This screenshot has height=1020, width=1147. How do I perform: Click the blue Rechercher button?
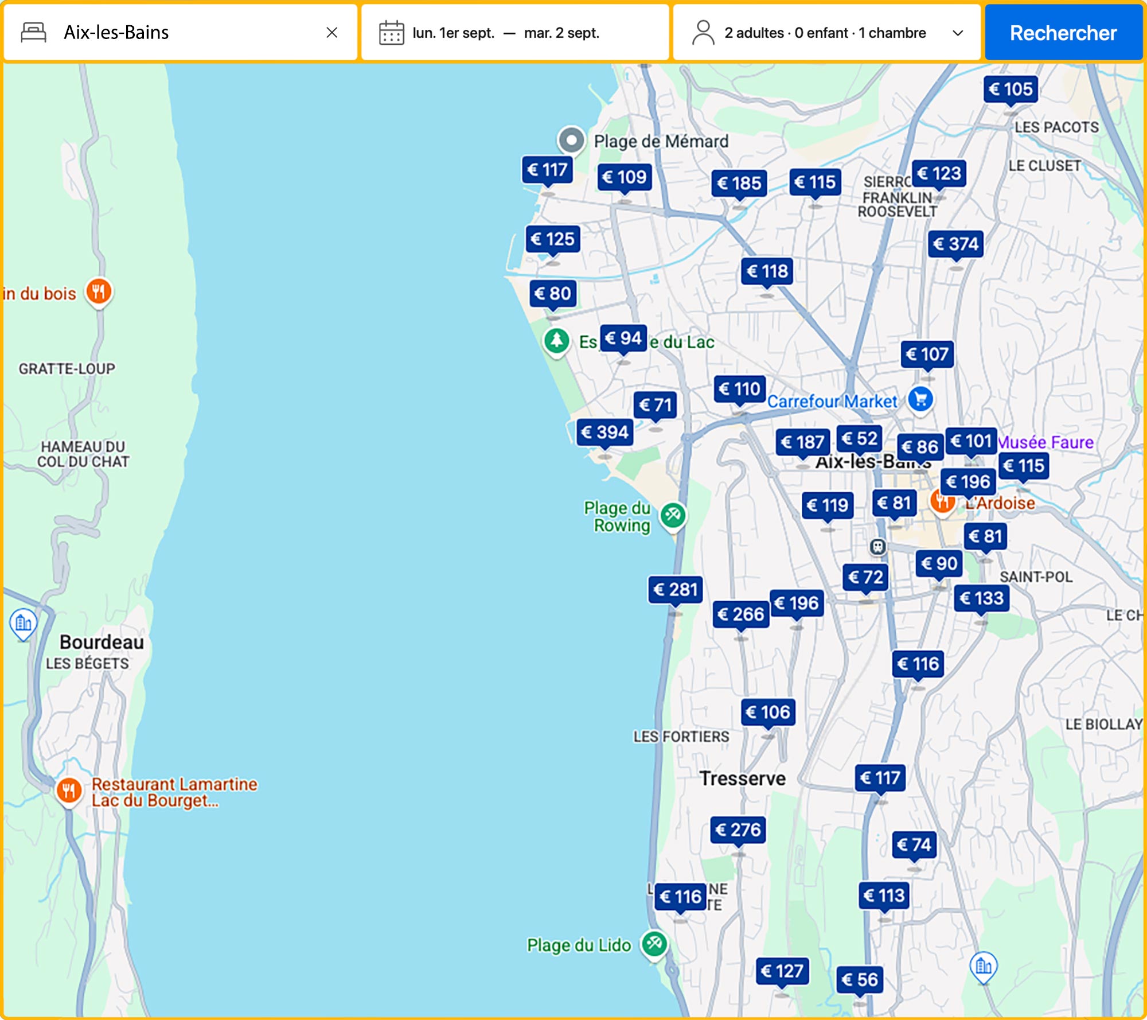[1063, 33]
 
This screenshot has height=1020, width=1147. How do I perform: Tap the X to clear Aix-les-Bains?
[331, 33]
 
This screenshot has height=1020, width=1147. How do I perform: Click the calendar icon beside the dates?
[391, 33]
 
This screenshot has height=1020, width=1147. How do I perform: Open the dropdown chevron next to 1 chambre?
[957, 33]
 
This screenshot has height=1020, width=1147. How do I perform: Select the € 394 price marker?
[605, 432]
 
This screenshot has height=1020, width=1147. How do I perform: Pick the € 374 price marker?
[955, 244]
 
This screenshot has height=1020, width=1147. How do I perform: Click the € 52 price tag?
[859, 439]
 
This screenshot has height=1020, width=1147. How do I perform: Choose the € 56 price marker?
[859, 979]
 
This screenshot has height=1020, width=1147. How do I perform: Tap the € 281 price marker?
[675, 590]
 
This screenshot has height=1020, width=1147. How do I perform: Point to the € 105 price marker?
[1011, 89]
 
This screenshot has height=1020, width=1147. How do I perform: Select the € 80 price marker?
[552, 294]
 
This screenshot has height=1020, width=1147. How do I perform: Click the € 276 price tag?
[738, 830]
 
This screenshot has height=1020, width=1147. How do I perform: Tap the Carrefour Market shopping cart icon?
[920, 399]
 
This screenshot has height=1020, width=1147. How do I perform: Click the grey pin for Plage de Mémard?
[571, 139]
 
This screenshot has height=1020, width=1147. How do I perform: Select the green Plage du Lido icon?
[654, 943]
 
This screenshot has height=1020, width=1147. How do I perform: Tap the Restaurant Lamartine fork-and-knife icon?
[69, 791]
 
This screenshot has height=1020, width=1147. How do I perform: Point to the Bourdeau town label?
[102, 642]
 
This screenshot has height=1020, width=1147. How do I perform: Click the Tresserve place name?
[742, 778]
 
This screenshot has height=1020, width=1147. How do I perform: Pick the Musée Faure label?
[1045, 442]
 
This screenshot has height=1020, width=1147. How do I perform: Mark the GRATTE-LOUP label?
[67, 369]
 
